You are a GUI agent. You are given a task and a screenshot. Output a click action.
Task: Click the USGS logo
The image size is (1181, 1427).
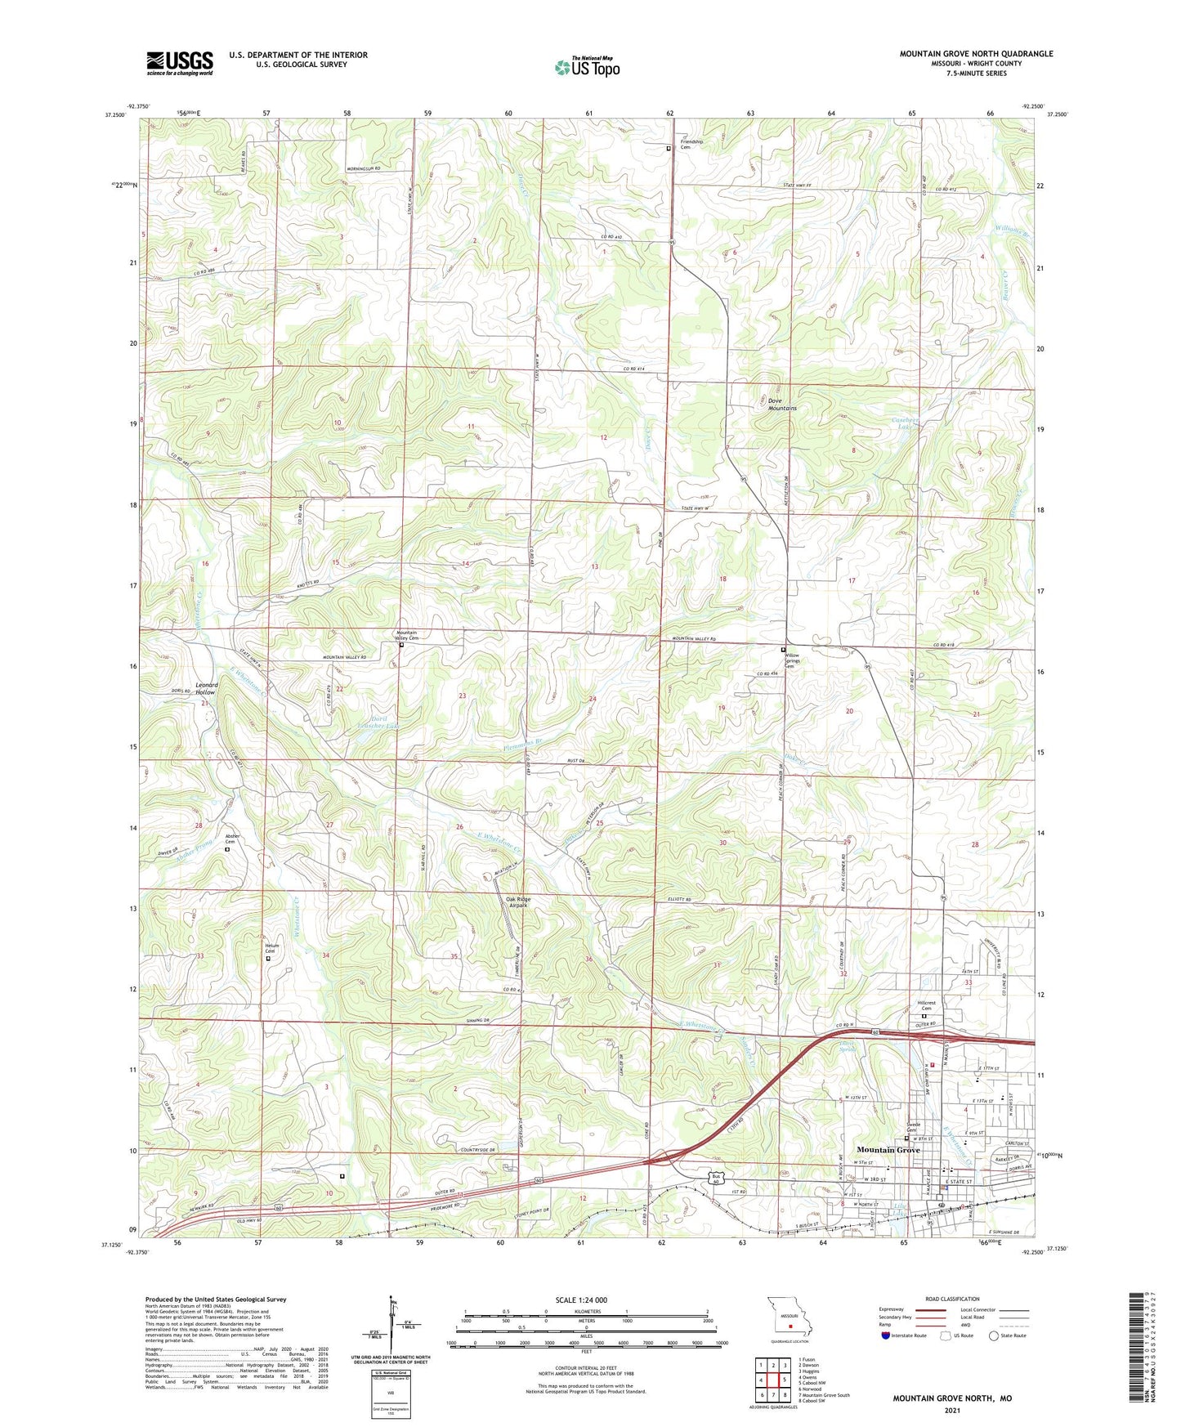tap(180, 63)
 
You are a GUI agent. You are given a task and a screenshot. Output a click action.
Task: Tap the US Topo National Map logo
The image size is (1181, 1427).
tap(586, 67)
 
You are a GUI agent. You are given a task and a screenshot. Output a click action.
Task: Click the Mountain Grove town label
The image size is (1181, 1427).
tap(888, 1150)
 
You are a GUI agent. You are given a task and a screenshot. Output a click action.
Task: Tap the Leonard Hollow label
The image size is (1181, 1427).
tap(205, 688)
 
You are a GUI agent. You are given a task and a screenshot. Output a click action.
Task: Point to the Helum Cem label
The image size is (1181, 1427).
tap(271, 950)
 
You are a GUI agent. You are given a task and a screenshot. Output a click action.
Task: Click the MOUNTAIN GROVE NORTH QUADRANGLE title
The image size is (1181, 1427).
tap(976, 54)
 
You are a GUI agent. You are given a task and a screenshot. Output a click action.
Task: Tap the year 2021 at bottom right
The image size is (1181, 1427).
tap(951, 1411)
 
